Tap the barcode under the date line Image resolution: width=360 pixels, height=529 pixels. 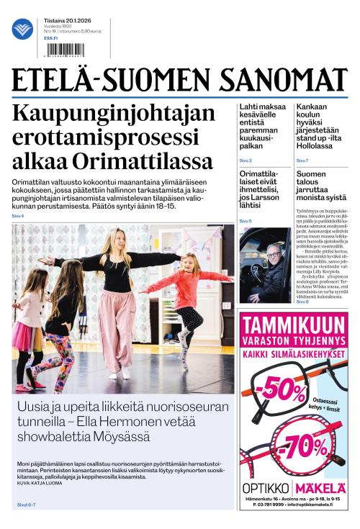coord(61,50)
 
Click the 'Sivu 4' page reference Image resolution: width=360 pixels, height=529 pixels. coord(17,217)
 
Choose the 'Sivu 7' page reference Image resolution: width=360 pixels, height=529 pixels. coord(302,160)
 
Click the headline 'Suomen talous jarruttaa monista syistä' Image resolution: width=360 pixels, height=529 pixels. coord(312,184)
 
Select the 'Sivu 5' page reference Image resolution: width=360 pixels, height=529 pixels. coord(246,221)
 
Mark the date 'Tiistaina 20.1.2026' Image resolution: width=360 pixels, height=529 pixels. coord(62,21)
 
